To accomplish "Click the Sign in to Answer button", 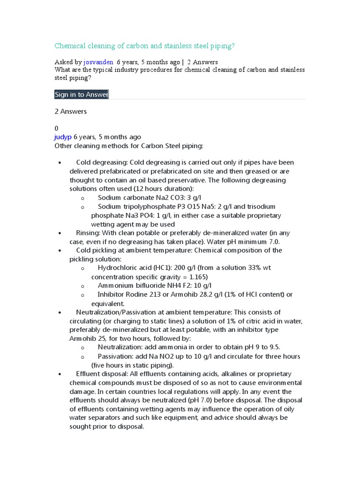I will click(x=82, y=94).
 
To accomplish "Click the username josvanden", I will click(x=98, y=62).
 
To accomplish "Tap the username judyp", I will click(x=63, y=137).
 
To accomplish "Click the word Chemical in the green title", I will click(x=70, y=46).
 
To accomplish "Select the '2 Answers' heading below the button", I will click(x=71, y=112).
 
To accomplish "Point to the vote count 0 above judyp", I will click(x=57, y=128).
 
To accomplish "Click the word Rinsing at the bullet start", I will click(x=88, y=233).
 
